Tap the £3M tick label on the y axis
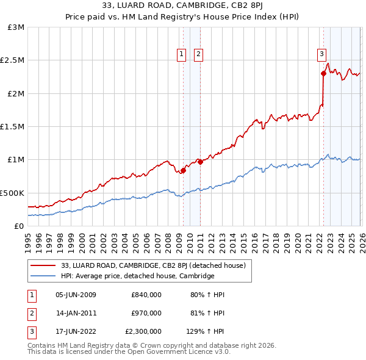[x=16, y=27]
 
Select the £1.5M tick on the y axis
[x=13, y=127]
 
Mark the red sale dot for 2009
[x=183, y=170]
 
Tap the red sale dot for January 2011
[x=200, y=162]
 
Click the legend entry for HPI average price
[x=137, y=276]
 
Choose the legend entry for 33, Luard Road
[x=152, y=265]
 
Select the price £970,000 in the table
[x=146, y=314]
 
